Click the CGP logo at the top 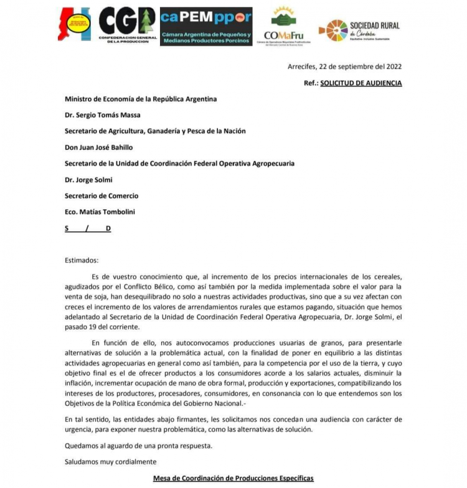pos(127,24)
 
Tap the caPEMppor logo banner pos(206,26)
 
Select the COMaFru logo pos(284,26)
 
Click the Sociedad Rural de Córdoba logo pos(359,29)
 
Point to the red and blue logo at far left pos(75,25)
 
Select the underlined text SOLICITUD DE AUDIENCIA pos(361,83)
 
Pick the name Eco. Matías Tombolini pos(100,212)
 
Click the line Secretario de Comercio pos(101,196)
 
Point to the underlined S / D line pos(88,228)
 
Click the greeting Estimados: pos(82,261)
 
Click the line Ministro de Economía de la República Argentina pos(141,99)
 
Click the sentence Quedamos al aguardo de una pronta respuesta pos(138,446)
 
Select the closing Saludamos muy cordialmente pos(111,462)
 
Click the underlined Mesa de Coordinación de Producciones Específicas pos(233,478)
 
